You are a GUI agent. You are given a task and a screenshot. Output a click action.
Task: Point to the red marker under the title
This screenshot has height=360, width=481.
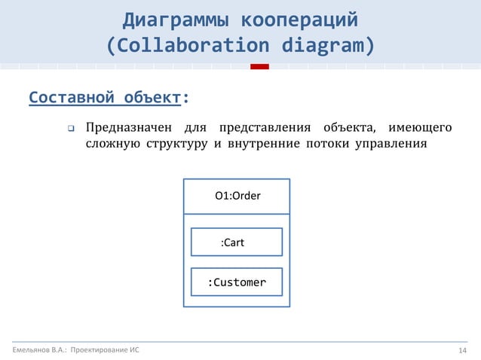(259, 66)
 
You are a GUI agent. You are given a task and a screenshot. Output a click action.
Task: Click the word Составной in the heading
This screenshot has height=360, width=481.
(72, 98)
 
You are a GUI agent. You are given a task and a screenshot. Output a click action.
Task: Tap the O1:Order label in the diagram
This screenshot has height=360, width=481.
(237, 196)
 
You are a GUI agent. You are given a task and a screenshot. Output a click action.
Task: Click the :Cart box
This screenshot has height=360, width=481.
(237, 243)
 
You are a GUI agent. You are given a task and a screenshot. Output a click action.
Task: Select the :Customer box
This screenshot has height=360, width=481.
(237, 282)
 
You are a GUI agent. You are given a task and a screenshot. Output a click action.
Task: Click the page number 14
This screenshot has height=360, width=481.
(464, 350)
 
